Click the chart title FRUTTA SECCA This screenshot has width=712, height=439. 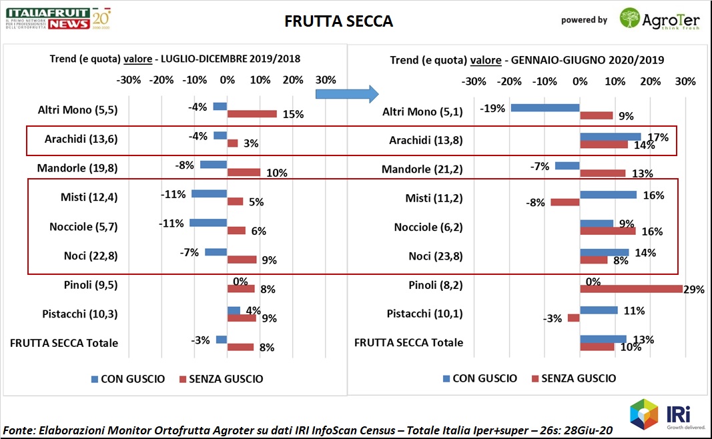pyautogui.click(x=338, y=21)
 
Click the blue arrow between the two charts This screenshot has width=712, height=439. pyautogui.click(x=346, y=93)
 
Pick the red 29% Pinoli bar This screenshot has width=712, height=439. pyautogui.click(x=631, y=289)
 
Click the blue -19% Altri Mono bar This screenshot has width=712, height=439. pyautogui.click(x=545, y=107)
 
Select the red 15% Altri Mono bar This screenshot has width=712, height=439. pyautogui.click(x=252, y=114)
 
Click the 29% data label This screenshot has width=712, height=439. pyautogui.click(x=695, y=290)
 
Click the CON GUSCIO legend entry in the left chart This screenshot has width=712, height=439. pyautogui.click(x=128, y=379)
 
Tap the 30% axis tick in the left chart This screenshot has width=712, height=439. pyautogui.click(x=325, y=80)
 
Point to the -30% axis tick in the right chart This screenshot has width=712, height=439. pyautogui.click(x=474, y=81)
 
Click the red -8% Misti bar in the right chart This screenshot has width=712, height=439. pyautogui.click(x=565, y=202)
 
